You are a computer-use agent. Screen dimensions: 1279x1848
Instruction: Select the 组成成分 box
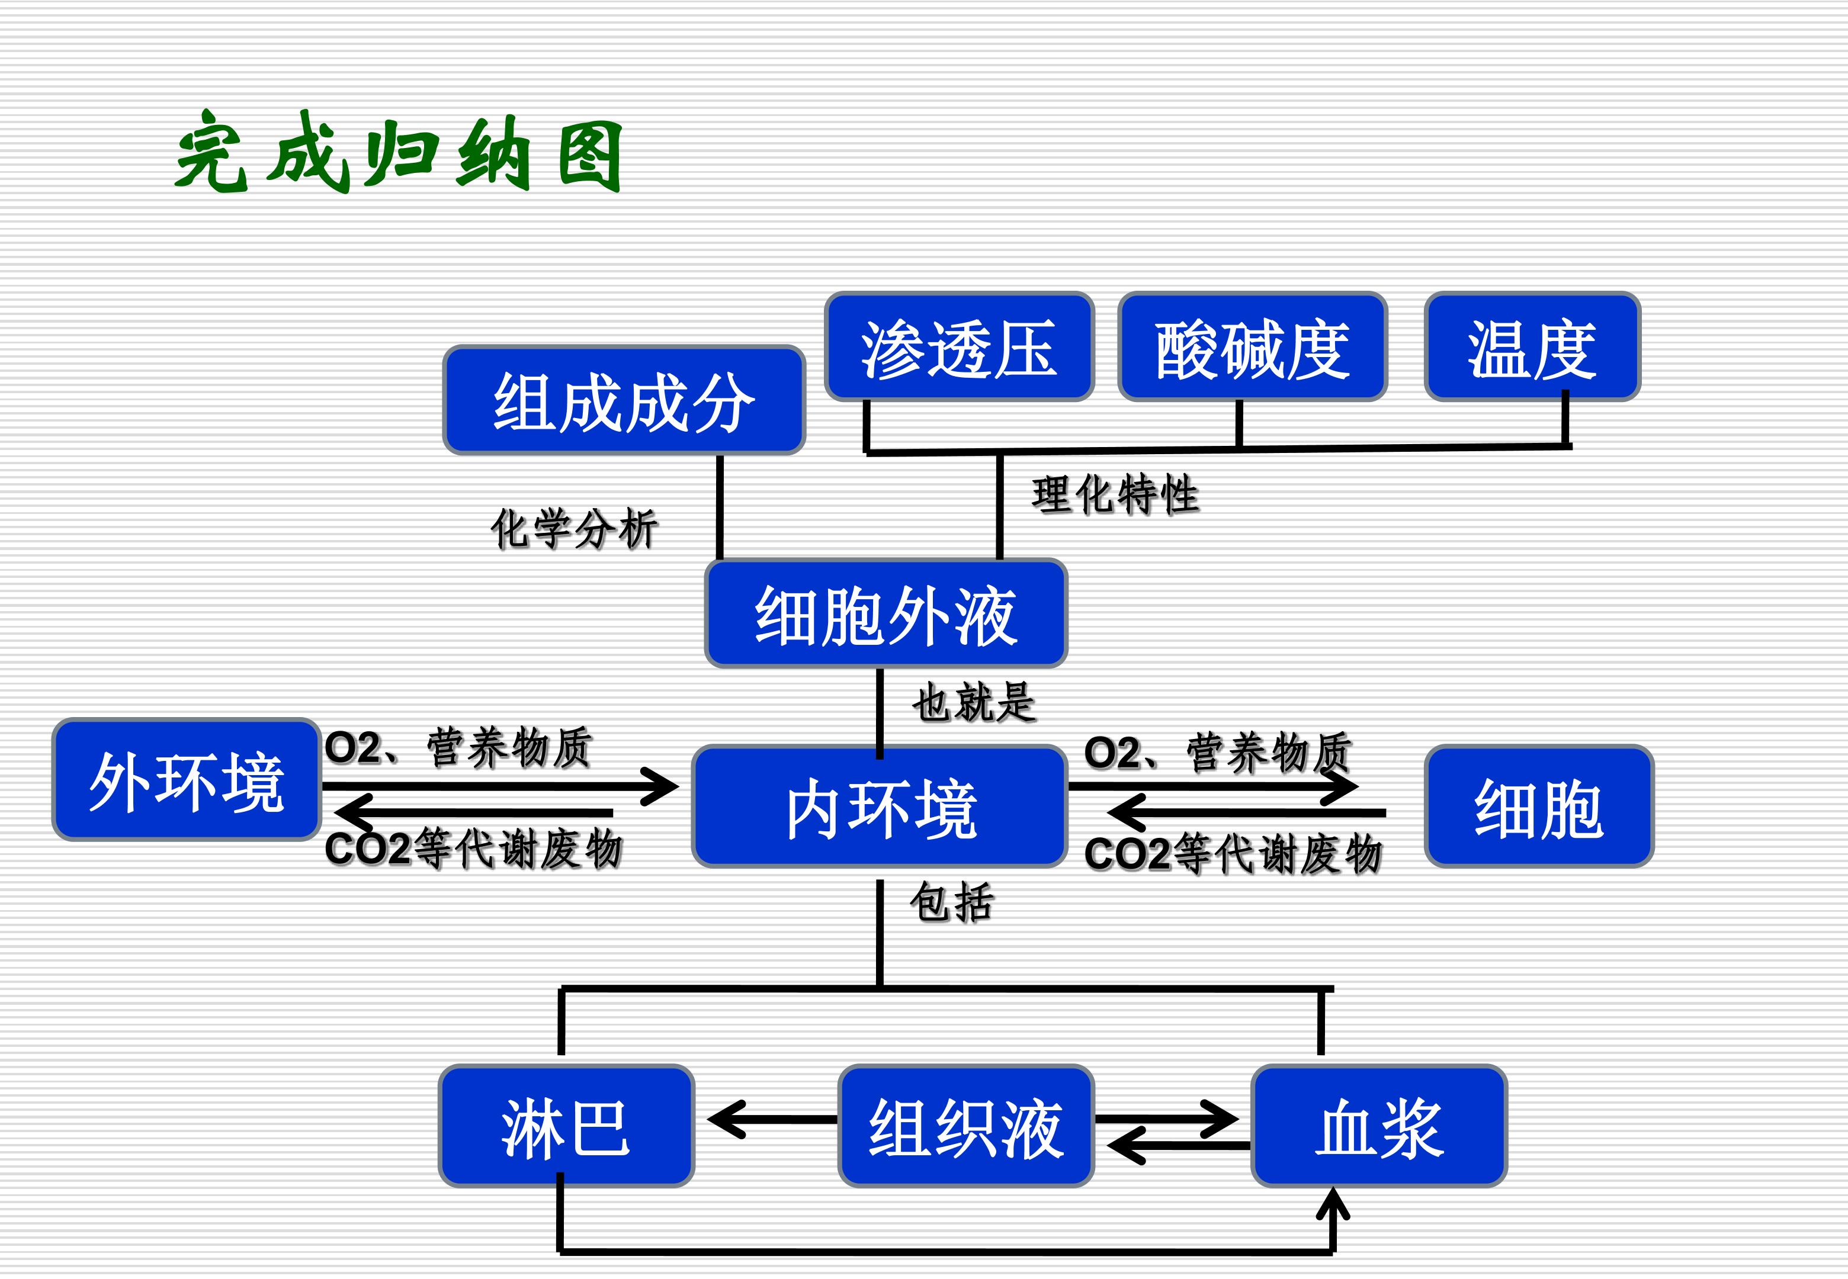click(624, 401)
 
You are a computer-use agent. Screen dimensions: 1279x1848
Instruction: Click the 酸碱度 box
click(1252, 347)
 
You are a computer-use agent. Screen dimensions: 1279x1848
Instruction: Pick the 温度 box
click(1532, 347)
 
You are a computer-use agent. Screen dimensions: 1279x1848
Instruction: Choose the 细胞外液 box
click(885, 614)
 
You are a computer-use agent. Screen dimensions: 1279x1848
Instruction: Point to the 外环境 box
click(187, 780)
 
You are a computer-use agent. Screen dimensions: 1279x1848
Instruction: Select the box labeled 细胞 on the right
click(1539, 807)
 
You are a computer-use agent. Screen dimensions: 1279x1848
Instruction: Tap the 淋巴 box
click(566, 1126)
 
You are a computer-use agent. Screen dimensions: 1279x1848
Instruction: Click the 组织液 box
click(965, 1126)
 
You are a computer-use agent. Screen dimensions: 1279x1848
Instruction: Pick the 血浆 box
click(1378, 1126)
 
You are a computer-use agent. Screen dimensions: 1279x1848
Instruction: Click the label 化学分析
click(574, 528)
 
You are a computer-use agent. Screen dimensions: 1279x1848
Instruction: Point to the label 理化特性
click(1115, 494)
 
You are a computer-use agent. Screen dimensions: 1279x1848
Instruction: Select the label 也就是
click(974, 703)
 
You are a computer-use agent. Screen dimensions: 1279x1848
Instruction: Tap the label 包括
click(951, 902)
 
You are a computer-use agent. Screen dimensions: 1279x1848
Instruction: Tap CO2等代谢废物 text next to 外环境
click(473, 849)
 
